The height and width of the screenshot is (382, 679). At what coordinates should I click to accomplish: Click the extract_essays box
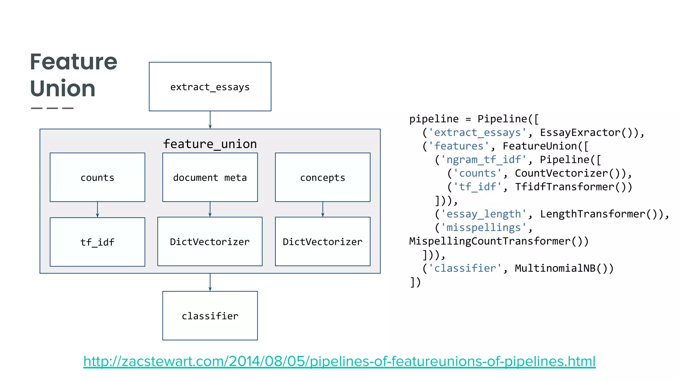click(x=210, y=87)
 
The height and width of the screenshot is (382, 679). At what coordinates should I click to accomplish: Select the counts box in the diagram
click(x=97, y=177)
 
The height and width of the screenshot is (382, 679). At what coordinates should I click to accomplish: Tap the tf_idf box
click(x=97, y=242)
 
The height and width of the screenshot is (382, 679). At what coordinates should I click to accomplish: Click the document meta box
click(x=210, y=177)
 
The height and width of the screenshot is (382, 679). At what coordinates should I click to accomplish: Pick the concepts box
click(x=323, y=177)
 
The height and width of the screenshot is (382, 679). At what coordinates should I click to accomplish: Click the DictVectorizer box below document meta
click(x=210, y=242)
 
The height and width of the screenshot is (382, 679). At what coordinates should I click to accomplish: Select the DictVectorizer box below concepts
click(x=323, y=242)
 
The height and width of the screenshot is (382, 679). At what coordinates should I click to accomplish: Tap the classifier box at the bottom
click(x=210, y=316)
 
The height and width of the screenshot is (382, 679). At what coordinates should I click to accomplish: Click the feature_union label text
click(x=210, y=144)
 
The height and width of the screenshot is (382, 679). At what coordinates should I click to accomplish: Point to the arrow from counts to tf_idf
click(x=97, y=210)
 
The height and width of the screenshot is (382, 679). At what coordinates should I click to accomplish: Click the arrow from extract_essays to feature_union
click(x=210, y=120)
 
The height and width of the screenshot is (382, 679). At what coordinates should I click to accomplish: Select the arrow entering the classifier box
click(x=210, y=282)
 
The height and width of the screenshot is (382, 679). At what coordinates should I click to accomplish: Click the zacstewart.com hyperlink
click(x=339, y=361)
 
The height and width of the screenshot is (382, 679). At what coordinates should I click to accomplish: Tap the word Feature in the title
click(x=74, y=62)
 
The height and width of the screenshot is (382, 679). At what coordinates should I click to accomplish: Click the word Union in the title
click(x=63, y=89)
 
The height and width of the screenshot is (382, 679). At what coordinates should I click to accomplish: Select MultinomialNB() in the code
click(x=564, y=268)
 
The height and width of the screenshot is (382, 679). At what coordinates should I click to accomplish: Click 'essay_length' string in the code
click(x=484, y=214)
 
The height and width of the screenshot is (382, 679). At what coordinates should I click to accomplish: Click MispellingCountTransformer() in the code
click(x=499, y=241)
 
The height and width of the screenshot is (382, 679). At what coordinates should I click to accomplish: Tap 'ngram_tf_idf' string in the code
click(x=484, y=160)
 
